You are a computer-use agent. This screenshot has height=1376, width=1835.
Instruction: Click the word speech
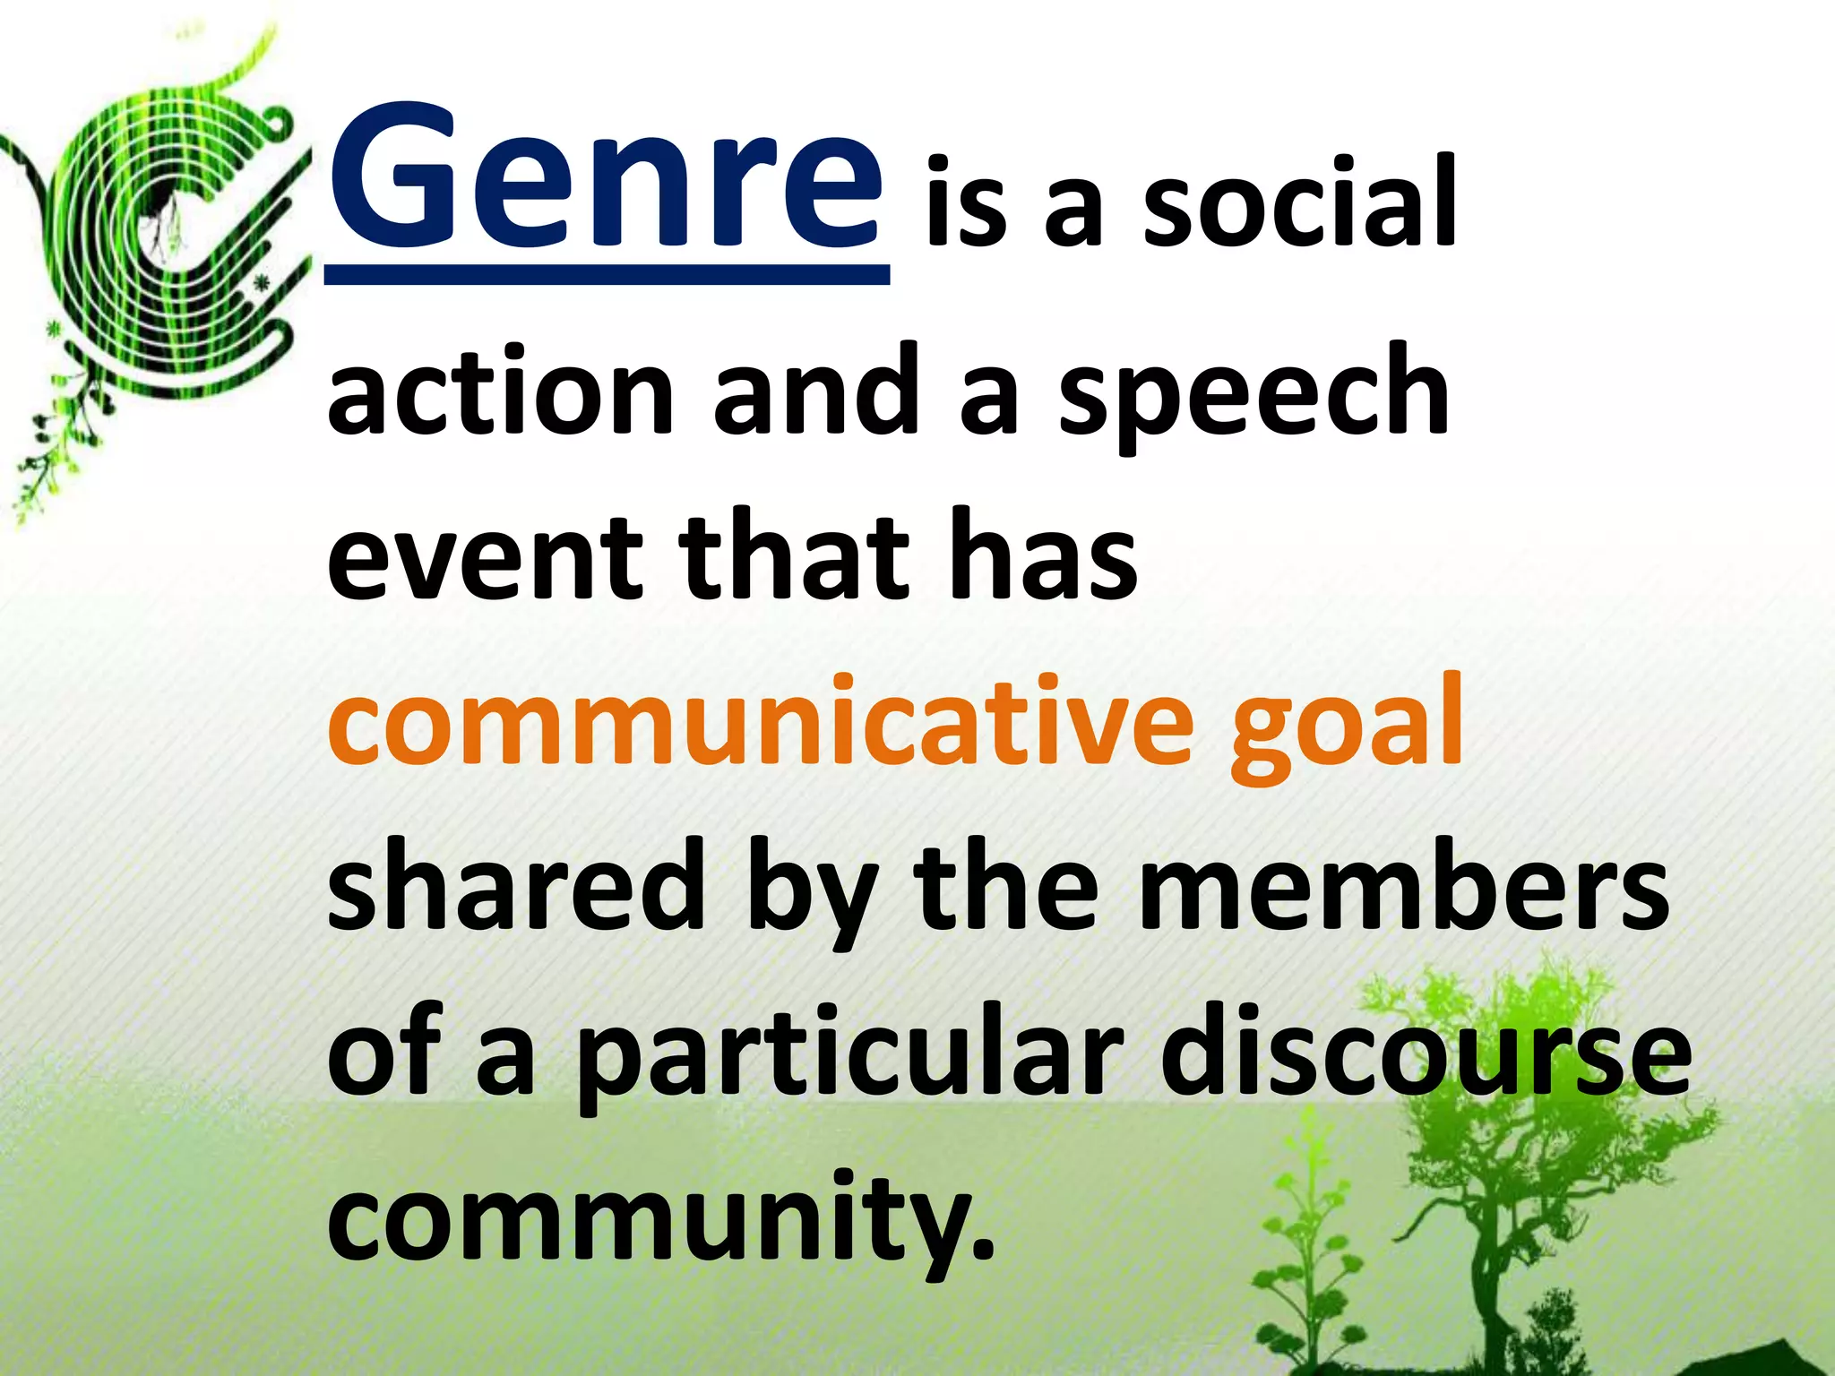(x=1254, y=394)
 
